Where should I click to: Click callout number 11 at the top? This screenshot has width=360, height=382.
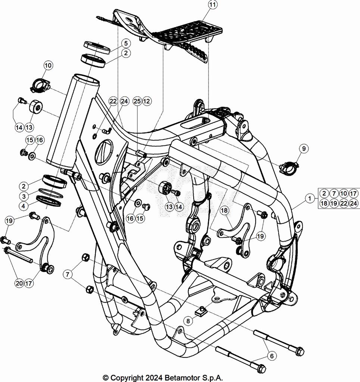[212, 5]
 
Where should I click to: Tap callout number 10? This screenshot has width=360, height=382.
[48, 66]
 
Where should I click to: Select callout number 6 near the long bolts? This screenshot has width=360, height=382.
[272, 356]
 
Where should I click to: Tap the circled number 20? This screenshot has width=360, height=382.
[19, 283]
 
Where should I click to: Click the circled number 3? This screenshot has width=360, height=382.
[24, 196]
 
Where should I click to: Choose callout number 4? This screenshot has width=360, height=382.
[24, 206]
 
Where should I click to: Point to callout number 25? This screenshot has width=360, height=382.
[137, 101]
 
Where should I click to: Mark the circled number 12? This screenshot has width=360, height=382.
[147, 101]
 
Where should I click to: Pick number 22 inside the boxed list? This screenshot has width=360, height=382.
[344, 203]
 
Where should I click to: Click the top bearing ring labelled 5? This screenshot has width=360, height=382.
[97, 47]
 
